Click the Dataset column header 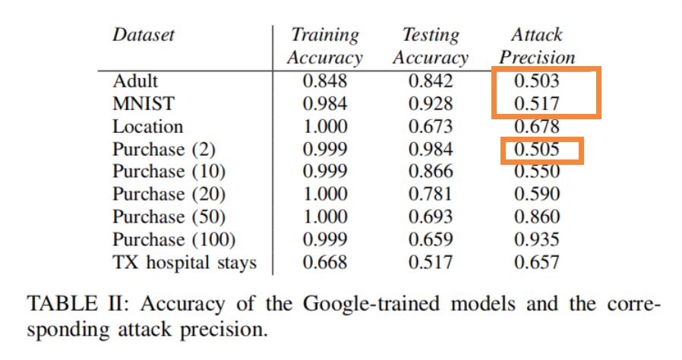(144, 35)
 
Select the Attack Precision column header (536, 46)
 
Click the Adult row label (135, 81)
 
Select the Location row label (148, 126)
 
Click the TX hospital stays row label (185, 263)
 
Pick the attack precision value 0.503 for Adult (536, 81)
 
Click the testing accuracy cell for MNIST (430, 103)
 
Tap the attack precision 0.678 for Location (536, 127)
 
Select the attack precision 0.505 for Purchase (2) (536, 150)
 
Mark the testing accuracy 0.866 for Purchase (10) (430, 172)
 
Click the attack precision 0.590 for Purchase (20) (536, 194)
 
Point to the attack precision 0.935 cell (536, 240)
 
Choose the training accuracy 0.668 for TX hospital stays (325, 263)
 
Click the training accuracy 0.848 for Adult (325, 81)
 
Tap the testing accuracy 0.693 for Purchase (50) (430, 217)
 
